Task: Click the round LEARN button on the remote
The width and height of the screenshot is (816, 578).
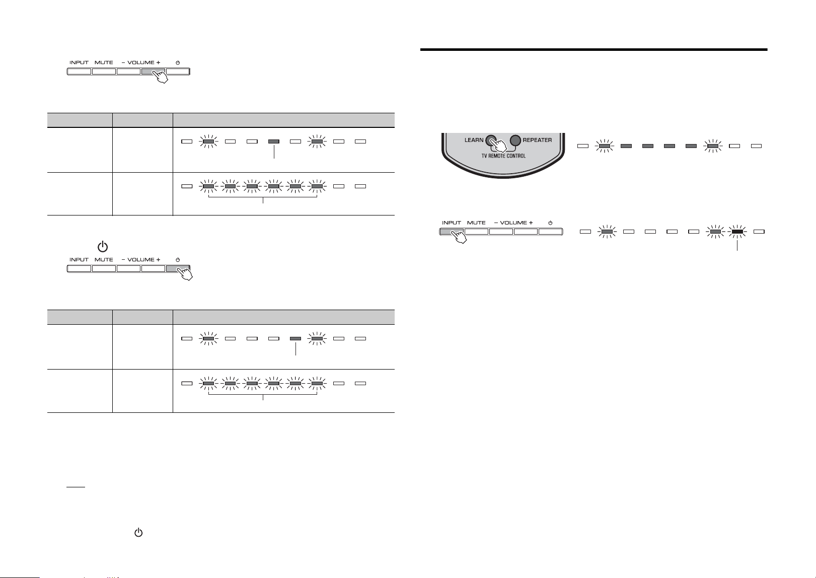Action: click(491, 140)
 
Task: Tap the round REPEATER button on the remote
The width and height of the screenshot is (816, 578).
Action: click(515, 140)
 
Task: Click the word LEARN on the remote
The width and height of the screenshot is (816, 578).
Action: click(474, 140)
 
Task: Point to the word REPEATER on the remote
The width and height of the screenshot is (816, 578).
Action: click(537, 140)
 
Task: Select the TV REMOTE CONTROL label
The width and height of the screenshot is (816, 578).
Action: click(503, 156)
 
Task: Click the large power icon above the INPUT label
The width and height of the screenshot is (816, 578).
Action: click(103, 247)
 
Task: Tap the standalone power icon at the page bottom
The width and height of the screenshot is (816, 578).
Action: click(138, 533)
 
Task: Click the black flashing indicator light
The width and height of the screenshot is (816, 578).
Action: click(737, 232)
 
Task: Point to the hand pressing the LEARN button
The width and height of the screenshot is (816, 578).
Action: click(499, 144)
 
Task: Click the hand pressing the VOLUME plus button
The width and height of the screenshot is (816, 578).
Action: click(160, 77)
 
